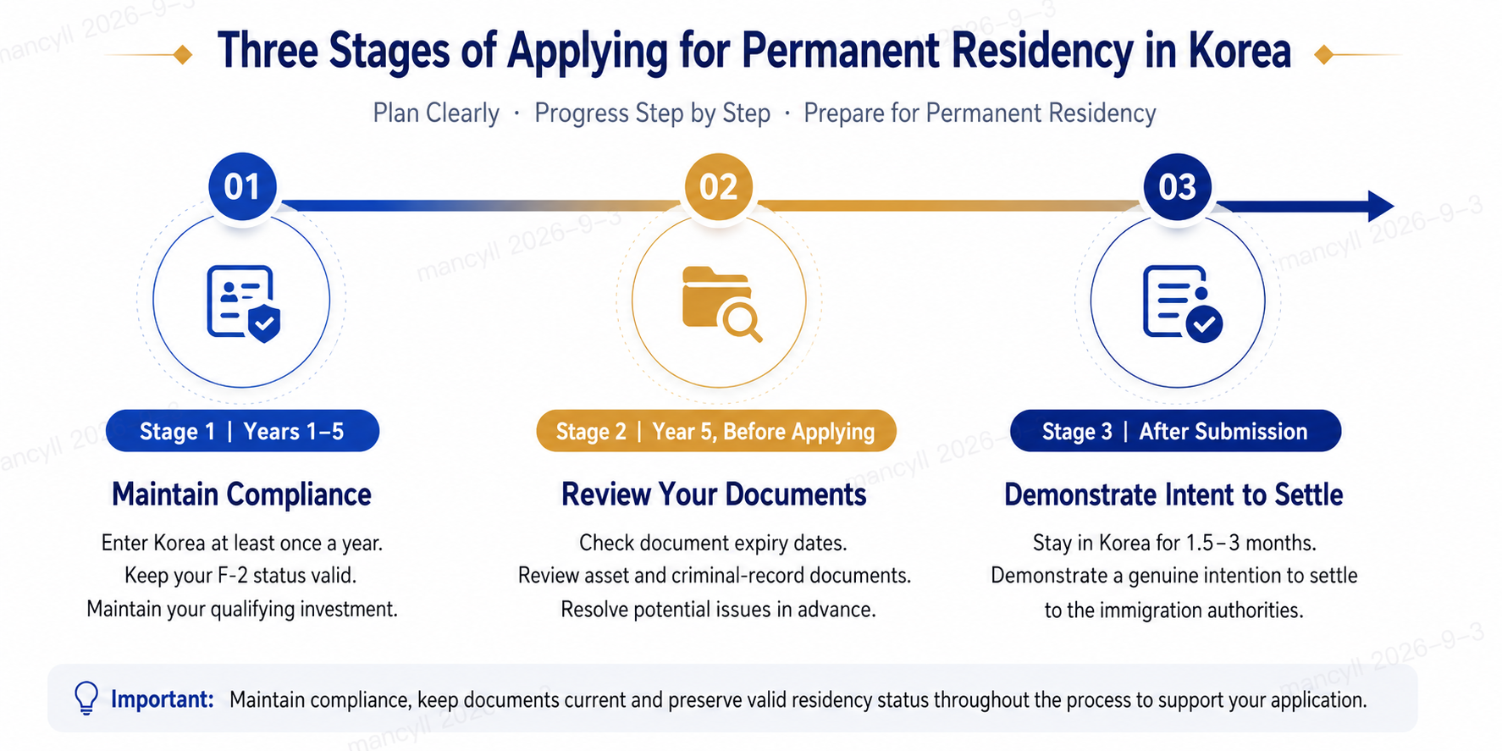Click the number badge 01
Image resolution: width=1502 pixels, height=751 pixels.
242,187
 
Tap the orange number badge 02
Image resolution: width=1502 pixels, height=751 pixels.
718,187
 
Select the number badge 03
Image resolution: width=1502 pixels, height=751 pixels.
1178,187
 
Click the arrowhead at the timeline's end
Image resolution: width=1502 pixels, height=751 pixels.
1381,206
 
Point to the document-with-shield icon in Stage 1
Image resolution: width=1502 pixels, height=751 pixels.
244,303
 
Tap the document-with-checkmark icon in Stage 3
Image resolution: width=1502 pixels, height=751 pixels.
1182,303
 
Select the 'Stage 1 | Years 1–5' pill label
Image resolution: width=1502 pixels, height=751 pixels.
242,431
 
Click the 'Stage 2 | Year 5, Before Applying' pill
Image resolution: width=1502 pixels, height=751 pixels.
715,431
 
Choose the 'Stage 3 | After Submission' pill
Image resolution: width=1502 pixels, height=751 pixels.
1175,431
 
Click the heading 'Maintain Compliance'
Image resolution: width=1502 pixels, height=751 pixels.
241,494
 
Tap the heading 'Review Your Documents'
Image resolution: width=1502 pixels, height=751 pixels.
714,494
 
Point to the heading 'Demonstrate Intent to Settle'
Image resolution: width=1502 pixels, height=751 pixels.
1173,494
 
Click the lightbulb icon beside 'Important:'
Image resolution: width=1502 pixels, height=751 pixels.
86,699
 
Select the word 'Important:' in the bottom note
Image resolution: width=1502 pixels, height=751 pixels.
163,699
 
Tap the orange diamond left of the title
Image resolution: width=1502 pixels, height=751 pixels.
182,55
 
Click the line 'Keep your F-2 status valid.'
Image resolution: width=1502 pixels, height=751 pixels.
240,576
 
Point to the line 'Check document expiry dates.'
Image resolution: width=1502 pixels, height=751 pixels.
713,543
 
